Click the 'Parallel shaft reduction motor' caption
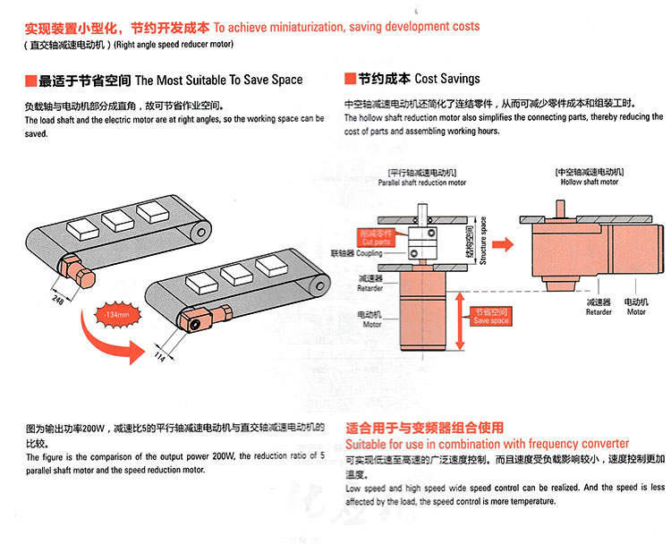pos(422,182)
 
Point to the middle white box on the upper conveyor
pos(116,218)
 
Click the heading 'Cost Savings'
pos(446,79)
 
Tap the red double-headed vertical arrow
pos(461,326)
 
